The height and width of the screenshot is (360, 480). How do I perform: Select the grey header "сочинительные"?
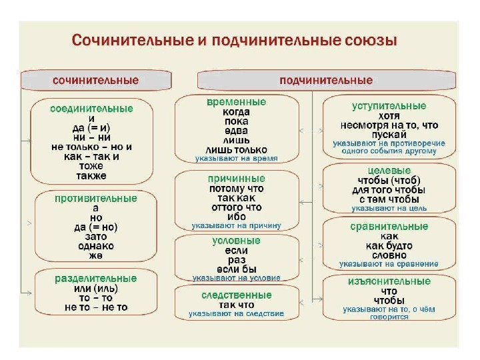[96, 80]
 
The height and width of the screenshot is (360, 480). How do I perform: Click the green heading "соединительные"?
[92, 108]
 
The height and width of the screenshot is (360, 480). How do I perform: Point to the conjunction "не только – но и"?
[92, 147]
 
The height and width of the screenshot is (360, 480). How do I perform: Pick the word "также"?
[92, 176]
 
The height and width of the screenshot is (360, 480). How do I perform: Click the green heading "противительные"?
[95, 199]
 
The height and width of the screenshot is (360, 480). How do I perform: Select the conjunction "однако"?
[95, 245]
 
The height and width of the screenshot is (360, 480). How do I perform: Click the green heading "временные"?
[236, 102]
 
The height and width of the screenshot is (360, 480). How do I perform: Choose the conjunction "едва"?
[236, 131]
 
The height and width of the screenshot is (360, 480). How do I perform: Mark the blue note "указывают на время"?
[236, 159]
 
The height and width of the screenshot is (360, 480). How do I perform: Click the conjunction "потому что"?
[236, 189]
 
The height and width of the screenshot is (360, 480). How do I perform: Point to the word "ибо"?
[236, 217]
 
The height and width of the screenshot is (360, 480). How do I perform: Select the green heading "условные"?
[236, 240]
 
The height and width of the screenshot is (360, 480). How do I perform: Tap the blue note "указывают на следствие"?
[236, 313]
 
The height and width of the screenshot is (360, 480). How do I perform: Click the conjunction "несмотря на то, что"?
[389, 125]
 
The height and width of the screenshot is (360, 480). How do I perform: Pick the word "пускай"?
[389, 134]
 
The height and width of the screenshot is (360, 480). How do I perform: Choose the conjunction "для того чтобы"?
[389, 189]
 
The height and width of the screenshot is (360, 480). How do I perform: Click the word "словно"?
[389, 255]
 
